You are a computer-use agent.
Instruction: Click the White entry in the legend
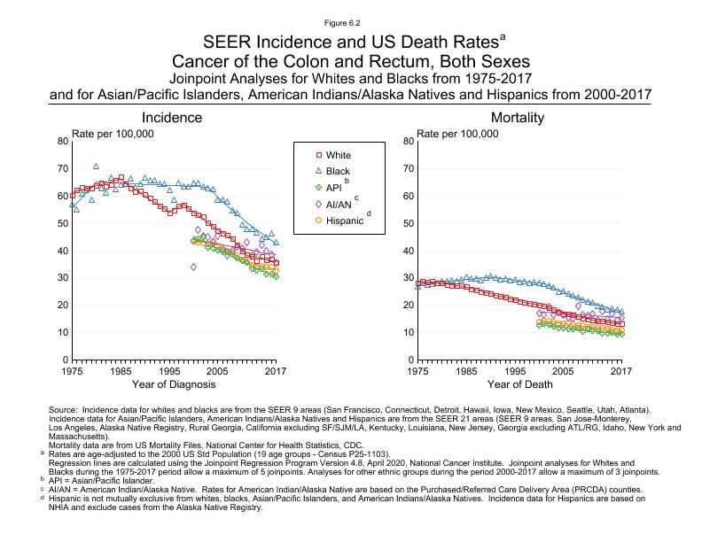tap(338, 156)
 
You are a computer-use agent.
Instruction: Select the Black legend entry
tap(338, 172)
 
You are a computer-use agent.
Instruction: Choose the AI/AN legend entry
tap(339, 204)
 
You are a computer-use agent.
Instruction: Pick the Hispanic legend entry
tap(343, 221)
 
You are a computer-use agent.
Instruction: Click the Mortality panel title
tap(518, 118)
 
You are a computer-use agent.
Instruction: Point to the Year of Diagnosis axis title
tap(173, 384)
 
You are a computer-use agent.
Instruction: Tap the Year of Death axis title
tap(519, 384)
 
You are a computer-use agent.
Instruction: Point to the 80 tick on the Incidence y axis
tap(61, 142)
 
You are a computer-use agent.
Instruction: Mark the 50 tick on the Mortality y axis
tap(407, 223)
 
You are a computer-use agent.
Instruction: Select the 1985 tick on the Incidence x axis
tap(121, 371)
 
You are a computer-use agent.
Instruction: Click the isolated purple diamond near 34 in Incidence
tap(193, 267)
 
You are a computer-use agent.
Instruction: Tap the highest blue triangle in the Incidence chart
tap(96, 166)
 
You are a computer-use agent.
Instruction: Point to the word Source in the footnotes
tap(70, 409)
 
